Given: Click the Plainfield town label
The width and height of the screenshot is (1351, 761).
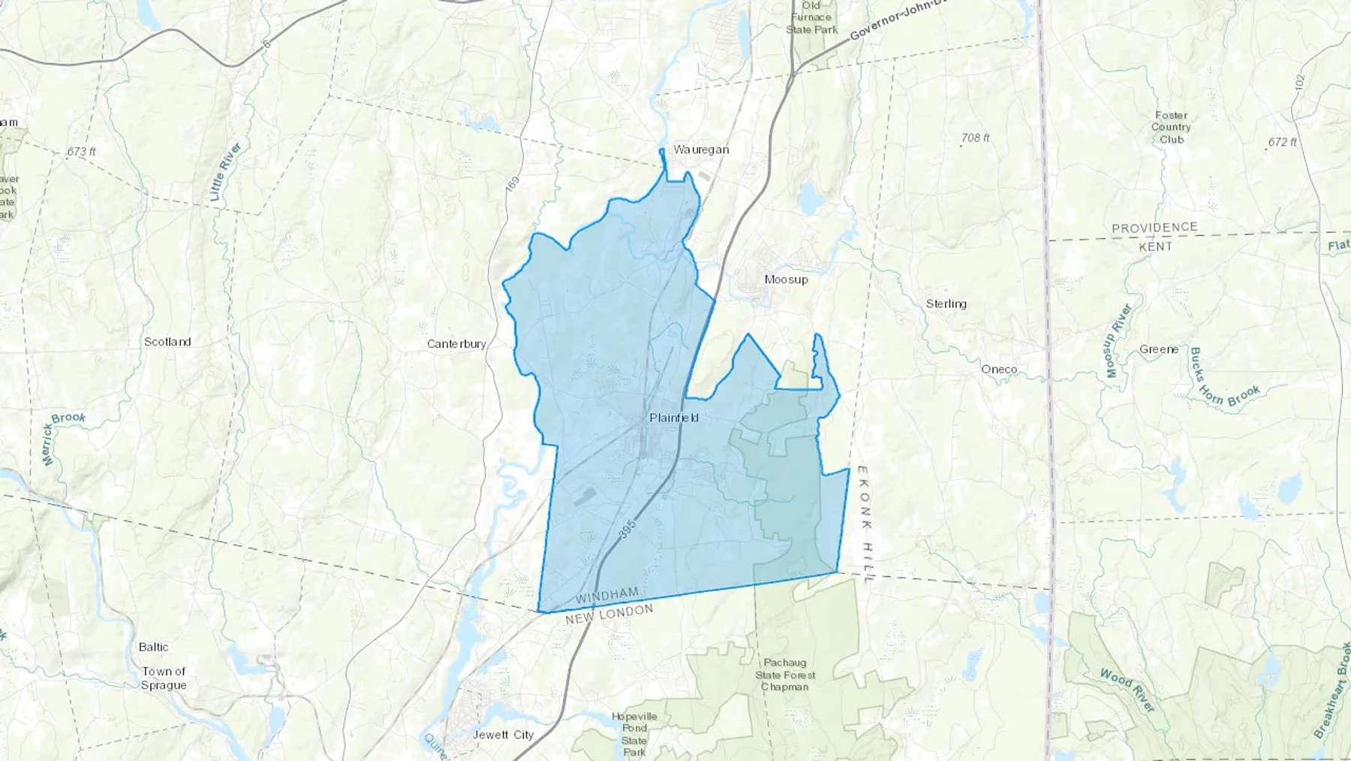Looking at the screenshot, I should [x=674, y=418].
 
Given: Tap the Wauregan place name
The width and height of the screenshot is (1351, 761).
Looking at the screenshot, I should [x=701, y=149].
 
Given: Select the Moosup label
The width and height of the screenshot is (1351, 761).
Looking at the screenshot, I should [x=786, y=279].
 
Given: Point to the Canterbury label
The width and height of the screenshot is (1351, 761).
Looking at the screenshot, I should [x=456, y=344].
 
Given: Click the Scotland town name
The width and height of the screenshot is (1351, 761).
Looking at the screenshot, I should [x=167, y=342].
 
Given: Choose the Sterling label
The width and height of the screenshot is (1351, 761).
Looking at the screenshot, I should [x=946, y=304].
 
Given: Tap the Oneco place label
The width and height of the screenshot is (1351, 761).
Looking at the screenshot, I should [x=999, y=370].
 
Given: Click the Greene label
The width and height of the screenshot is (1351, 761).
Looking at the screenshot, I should [x=1159, y=349].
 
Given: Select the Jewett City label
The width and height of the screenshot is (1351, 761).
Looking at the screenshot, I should [x=503, y=735].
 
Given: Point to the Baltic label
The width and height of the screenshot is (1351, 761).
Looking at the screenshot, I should [x=153, y=647].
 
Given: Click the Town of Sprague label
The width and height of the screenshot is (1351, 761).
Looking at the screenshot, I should [x=164, y=678].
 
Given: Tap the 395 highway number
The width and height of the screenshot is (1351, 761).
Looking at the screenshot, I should [x=627, y=528].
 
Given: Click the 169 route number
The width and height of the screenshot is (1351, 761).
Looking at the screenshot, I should [x=513, y=186].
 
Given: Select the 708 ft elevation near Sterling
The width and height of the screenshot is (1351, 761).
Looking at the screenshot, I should [x=975, y=138].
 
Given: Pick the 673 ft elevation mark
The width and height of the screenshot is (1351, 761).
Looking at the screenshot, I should [x=81, y=152].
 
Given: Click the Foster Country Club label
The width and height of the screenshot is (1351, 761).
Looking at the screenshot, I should [x=1171, y=127].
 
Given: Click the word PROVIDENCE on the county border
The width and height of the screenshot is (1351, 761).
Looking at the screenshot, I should [x=1154, y=228].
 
